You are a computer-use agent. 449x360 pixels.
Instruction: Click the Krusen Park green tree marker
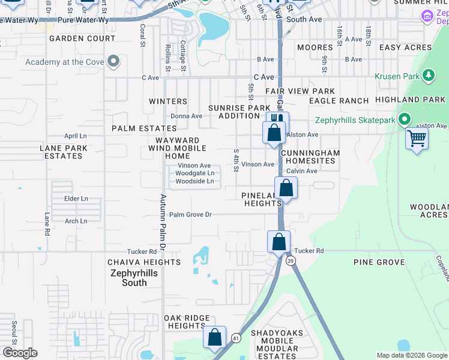click(x=428, y=75)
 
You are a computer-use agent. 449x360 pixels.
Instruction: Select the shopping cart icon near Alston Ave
click(x=417, y=139)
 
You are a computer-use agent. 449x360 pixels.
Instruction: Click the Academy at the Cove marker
click(x=113, y=61)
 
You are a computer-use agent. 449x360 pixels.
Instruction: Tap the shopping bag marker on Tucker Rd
click(x=279, y=242)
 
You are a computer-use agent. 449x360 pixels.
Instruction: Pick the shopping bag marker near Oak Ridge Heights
click(x=215, y=338)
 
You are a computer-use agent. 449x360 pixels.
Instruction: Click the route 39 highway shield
click(x=291, y=260)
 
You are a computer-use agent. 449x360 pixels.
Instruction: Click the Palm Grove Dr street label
click(x=190, y=214)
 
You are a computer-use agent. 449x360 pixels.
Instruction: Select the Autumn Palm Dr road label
click(x=162, y=222)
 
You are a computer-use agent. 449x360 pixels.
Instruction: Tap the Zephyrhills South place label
click(x=134, y=277)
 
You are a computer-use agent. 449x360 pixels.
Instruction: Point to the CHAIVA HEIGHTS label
click(x=143, y=262)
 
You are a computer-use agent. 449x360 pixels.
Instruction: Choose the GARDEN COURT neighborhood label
click(x=82, y=38)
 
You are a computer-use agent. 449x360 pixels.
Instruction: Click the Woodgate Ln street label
click(x=194, y=173)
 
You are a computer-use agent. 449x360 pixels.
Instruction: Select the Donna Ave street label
click(x=186, y=116)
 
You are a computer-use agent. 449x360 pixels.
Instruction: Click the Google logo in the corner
click(x=20, y=353)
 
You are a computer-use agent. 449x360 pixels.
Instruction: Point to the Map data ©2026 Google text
click(x=411, y=355)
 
